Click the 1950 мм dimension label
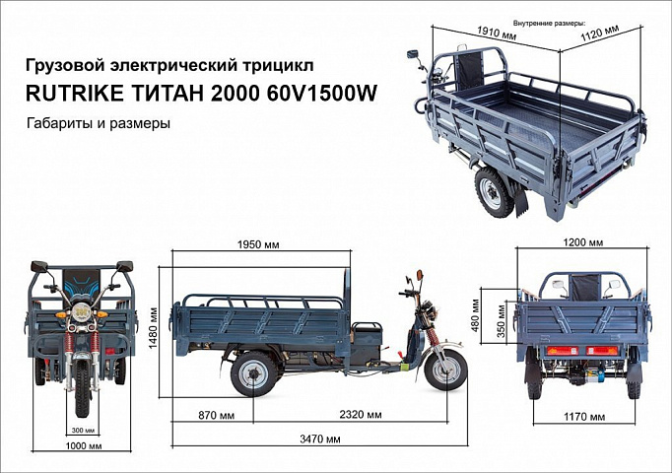click(258, 244)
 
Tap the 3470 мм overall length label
click(320, 439)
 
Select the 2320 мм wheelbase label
click(361, 415)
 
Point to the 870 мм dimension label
click(217, 415)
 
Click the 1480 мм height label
click(153, 328)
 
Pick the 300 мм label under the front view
click(83, 431)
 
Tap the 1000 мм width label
click(84, 446)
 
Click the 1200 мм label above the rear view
click(582, 242)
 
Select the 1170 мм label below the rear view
click(584, 417)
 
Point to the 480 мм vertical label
click(474, 315)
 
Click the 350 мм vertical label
click(502, 322)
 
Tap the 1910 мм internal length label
click(497, 33)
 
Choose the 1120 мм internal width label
click(600, 33)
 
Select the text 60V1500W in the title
click(321, 94)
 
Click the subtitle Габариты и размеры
click(99, 123)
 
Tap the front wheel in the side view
click(445, 371)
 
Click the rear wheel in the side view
click(253, 373)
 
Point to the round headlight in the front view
click(80, 311)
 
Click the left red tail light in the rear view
click(564, 351)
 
